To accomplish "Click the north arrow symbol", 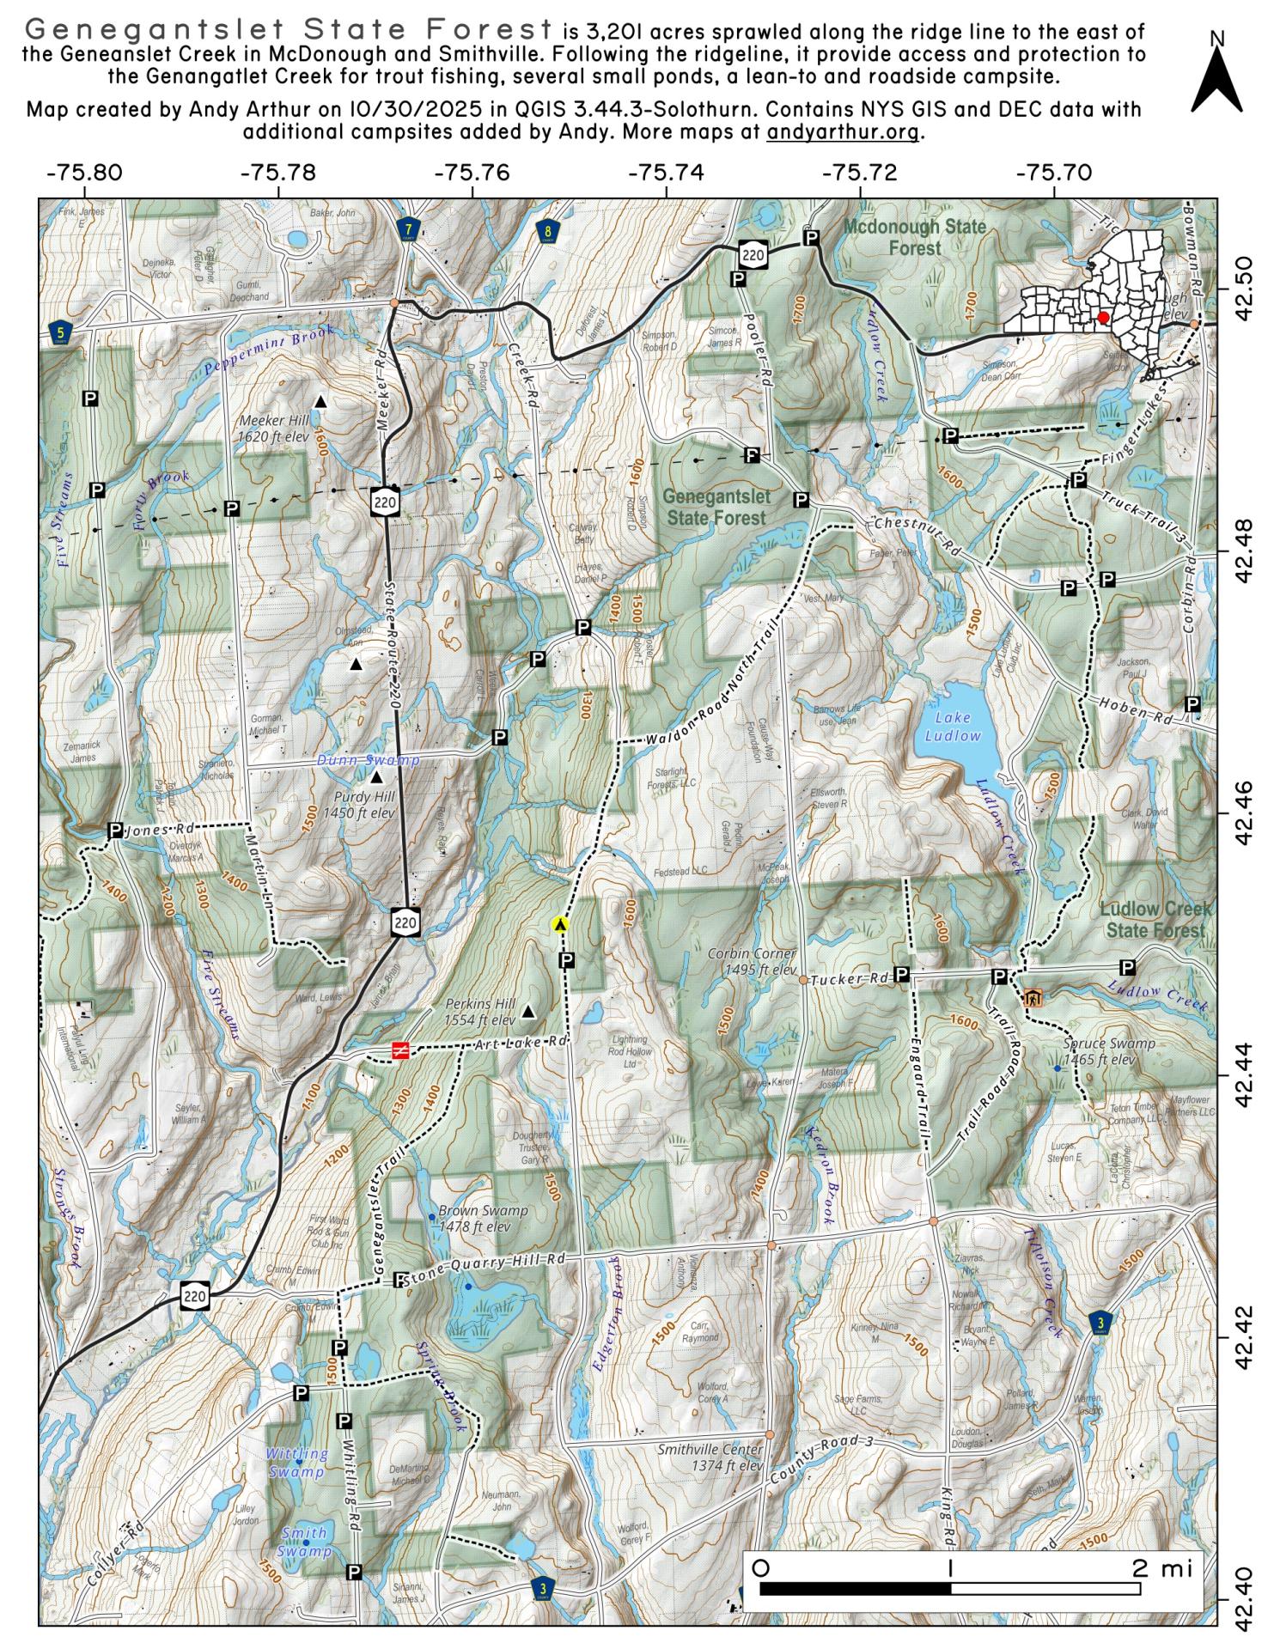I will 1216,74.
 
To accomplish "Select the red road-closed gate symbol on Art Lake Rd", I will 400,1050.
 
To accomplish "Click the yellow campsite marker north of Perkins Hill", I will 560,925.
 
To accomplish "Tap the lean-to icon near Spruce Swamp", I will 1033,998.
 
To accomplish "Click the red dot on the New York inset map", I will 1103,317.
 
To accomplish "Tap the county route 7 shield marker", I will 410,228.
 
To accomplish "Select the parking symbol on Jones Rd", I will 115,831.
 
